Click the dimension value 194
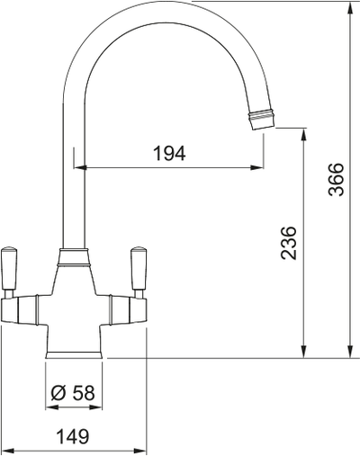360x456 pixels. (169, 154)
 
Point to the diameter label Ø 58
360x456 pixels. (73, 392)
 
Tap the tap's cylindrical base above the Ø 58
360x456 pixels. (74, 346)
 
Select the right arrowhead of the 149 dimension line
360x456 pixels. (141, 447)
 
